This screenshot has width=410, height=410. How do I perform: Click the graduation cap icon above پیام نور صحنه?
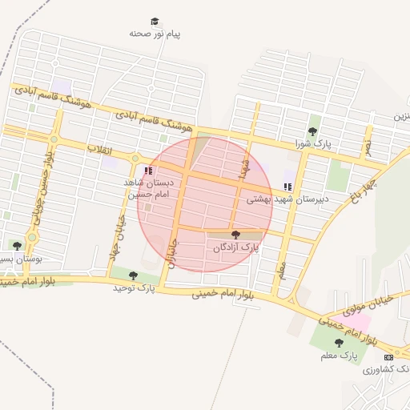click(155, 22)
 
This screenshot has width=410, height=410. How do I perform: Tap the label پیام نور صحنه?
click(157, 35)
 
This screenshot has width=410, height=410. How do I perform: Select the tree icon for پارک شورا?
click(313, 131)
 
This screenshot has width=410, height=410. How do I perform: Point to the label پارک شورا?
click(312, 144)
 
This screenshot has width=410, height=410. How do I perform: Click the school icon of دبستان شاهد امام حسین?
click(147, 171)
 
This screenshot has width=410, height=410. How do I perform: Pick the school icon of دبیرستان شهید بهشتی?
click(287, 187)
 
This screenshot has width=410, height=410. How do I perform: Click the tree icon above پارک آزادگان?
click(235, 235)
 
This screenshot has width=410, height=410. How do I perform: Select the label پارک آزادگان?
click(237, 248)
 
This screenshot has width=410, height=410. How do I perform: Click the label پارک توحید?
click(133, 287)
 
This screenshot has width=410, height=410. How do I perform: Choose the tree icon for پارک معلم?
click(339, 342)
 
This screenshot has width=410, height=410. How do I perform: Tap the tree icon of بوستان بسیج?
click(18, 246)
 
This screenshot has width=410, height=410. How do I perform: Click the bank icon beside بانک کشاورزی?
click(389, 356)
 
